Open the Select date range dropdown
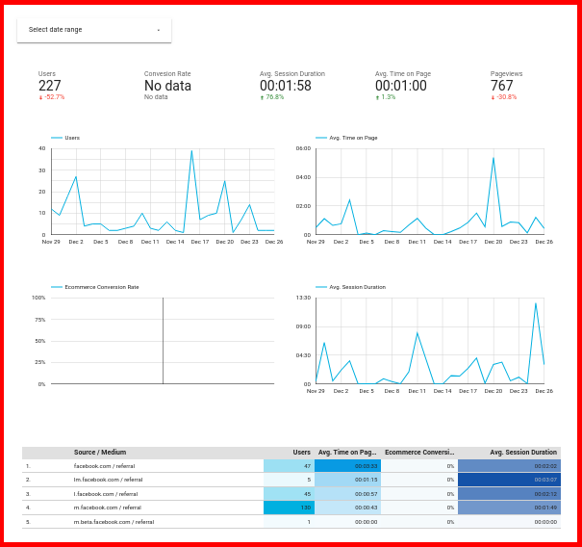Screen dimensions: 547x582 pyautogui.click(x=93, y=30)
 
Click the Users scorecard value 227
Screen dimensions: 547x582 pyautogui.click(x=50, y=86)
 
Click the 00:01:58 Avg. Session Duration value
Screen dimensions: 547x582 pyautogui.click(x=286, y=86)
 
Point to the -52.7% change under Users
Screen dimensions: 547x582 pyautogui.click(x=52, y=97)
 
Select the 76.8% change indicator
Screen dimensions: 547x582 pyautogui.click(x=272, y=97)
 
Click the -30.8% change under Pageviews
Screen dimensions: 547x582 pyautogui.click(x=504, y=97)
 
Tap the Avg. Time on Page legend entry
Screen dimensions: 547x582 pyautogui.click(x=352, y=138)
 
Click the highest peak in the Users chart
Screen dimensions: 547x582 pyautogui.click(x=191, y=150)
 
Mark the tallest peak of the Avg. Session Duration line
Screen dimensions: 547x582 pyautogui.click(x=536, y=303)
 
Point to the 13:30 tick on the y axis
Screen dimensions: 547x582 pyautogui.click(x=303, y=298)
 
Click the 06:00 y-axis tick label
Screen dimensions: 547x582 pyautogui.click(x=303, y=148)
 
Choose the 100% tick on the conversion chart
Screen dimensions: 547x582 pyautogui.click(x=38, y=298)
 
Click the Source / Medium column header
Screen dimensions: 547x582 pyautogui.click(x=100, y=453)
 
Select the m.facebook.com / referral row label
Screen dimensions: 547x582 pyautogui.click(x=108, y=507)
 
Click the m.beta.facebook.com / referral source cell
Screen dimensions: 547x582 pyautogui.click(x=114, y=521)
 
